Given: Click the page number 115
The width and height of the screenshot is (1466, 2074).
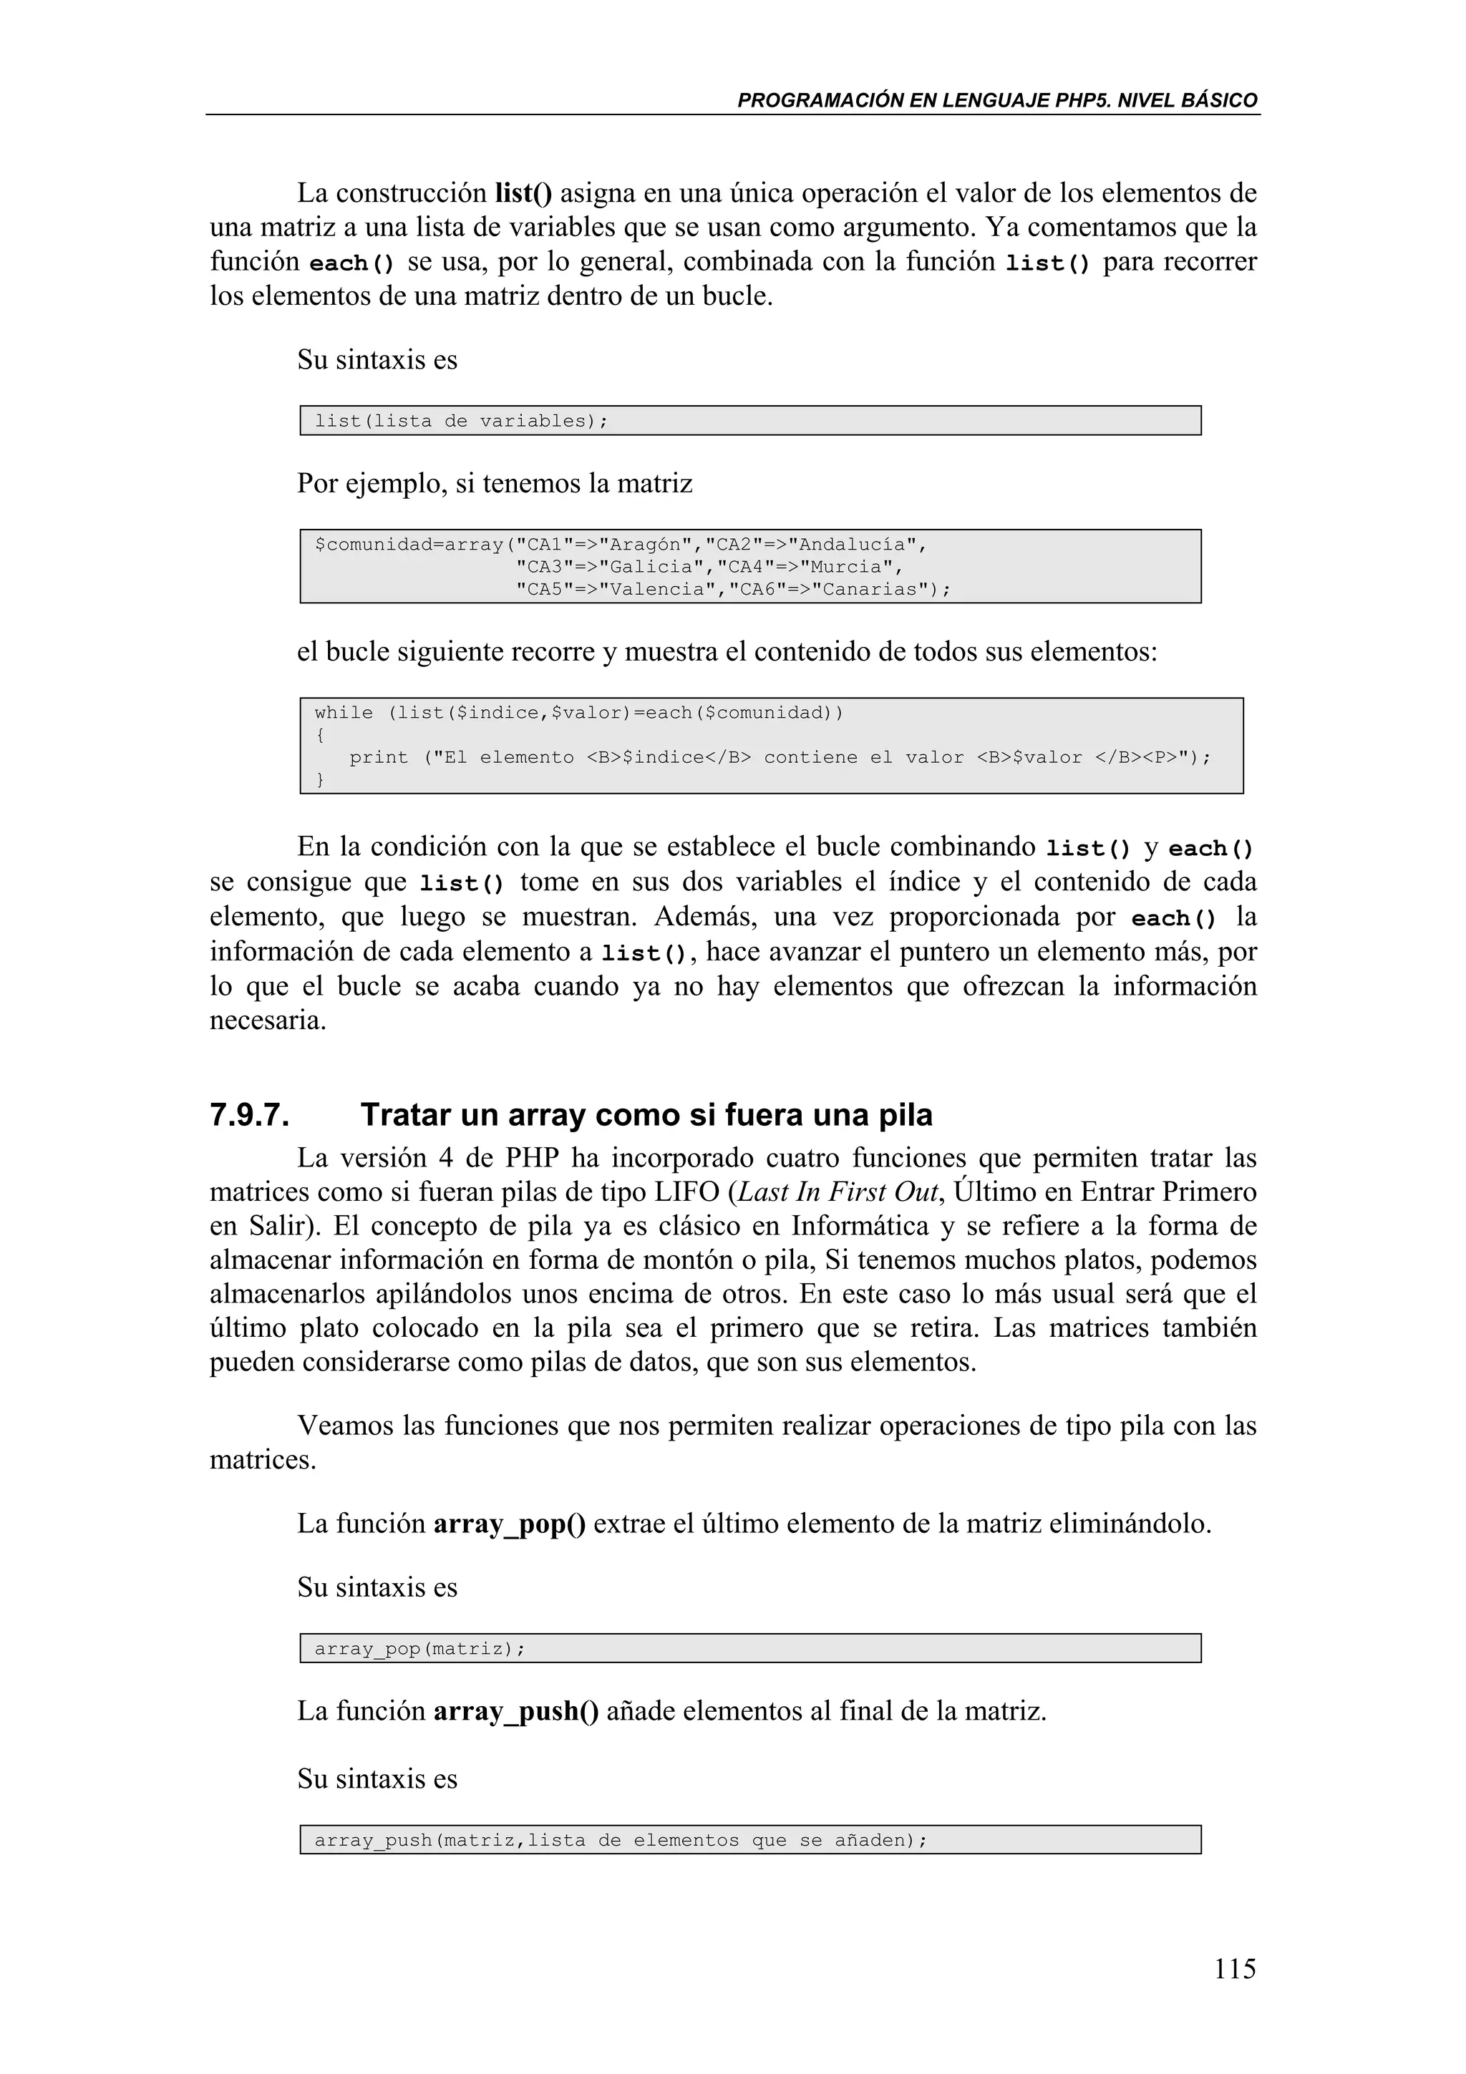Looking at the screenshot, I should pos(1234,1967).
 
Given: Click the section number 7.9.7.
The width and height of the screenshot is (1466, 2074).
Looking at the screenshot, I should pos(249,1115).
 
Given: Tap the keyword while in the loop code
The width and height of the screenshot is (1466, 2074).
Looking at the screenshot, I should pos(344,713).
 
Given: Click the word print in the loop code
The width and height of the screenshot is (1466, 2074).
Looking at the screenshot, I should pos(379,757).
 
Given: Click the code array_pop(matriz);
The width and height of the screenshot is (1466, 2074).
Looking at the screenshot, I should pos(419,1649).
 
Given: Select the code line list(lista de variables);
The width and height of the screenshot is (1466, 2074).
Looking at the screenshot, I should pos(461,421).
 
